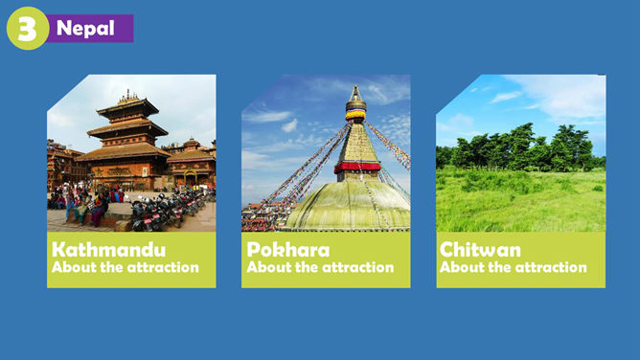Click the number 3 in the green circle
28,29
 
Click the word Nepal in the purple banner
85,28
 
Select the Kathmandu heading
108,250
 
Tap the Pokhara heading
287,250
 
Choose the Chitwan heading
480,250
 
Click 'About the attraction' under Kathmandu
125,267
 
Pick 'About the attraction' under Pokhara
320,267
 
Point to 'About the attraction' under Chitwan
514,267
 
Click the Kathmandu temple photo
131,153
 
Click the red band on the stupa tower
357,167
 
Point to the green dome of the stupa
349,206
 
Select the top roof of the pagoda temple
127,106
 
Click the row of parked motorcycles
170,209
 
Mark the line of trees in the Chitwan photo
518,148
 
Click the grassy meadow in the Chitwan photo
521,201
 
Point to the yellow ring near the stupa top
355,115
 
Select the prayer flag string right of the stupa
388,144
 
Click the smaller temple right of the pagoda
191,163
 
